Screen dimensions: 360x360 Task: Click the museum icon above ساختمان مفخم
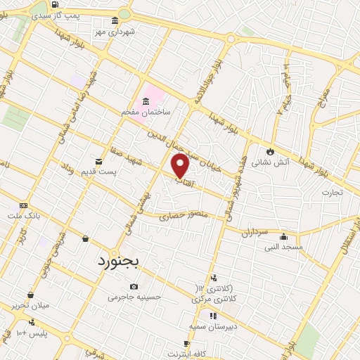146,100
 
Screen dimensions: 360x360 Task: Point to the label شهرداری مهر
121,32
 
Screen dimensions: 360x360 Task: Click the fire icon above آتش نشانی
269,150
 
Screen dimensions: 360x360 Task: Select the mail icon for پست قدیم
99,161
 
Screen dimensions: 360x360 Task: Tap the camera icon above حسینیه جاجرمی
134,286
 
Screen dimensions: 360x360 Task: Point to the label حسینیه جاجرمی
134,297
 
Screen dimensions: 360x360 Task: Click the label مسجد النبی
283,247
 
